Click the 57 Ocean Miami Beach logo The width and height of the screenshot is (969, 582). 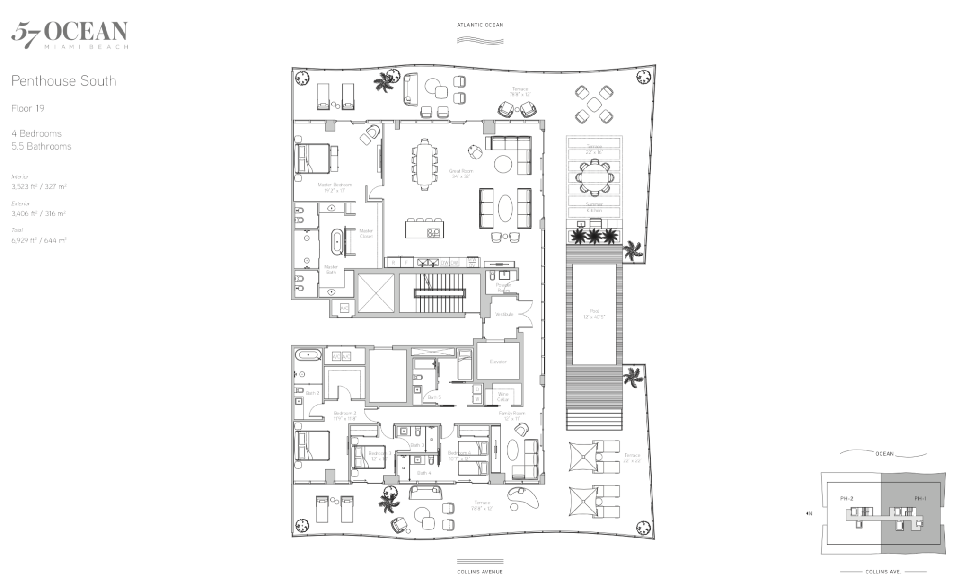tap(70, 34)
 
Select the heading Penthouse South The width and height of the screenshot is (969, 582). tap(64, 81)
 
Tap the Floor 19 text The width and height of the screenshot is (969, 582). tap(28, 108)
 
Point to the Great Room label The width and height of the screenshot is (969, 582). tap(461, 174)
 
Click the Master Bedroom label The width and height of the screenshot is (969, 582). tap(335, 187)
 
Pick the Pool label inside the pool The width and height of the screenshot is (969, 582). tap(594, 314)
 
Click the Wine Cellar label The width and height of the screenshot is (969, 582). tap(503, 397)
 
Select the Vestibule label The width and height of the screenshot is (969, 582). tap(504, 314)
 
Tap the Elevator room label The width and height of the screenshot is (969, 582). tap(498, 362)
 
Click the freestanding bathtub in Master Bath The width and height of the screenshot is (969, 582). tap(337, 241)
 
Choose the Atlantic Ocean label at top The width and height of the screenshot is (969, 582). tap(480, 25)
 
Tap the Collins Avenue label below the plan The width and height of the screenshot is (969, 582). tap(480, 572)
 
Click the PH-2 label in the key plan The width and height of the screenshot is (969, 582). tap(846, 498)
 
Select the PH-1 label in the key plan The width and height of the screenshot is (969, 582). tap(920, 498)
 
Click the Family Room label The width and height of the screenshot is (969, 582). tap(511, 416)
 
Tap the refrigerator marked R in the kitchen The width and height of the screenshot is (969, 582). tap(393, 263)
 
